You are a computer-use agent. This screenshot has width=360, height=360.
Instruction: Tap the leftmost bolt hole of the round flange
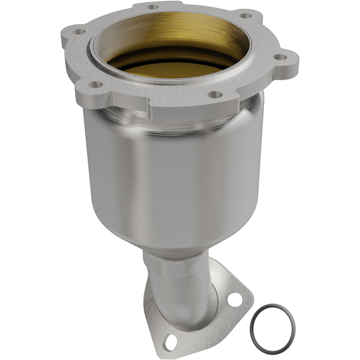pos(79,31)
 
